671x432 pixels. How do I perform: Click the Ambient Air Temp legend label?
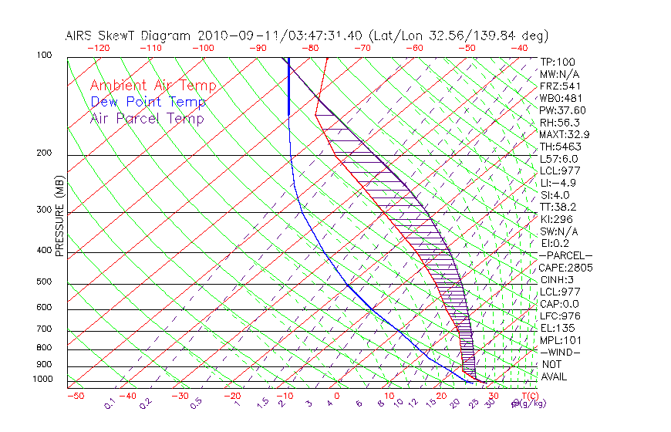point(153,86)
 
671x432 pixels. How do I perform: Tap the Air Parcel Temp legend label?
point(147,118)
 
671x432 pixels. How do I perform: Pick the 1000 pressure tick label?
point(43,380)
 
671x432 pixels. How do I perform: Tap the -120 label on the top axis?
point(97,48)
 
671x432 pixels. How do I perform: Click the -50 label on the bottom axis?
point(75,396)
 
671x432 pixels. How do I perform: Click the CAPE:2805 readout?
point(566,268)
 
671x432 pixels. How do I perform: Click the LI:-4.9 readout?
point(558,183)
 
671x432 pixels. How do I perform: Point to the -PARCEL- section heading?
point(565,255)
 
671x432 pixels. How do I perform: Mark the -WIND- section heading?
point(561,352)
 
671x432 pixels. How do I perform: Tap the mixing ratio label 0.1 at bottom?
point(109,404)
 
